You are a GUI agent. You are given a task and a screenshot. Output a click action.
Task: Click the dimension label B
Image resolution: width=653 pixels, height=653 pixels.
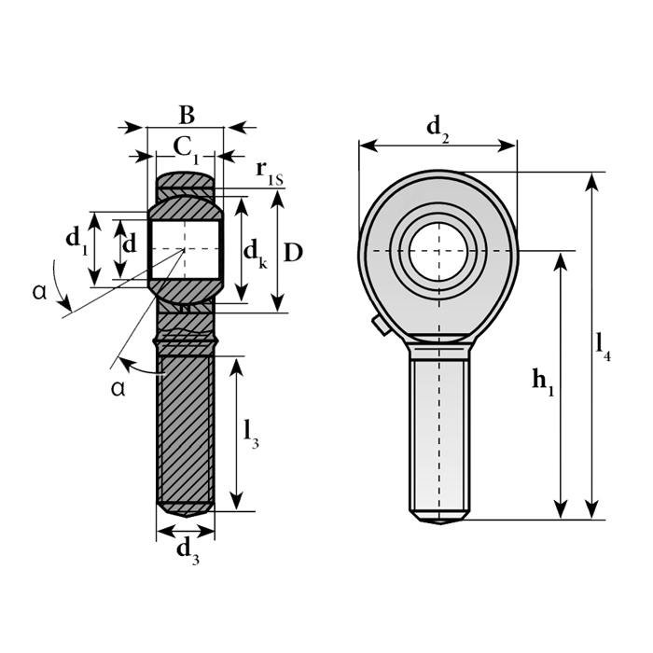point(187,115)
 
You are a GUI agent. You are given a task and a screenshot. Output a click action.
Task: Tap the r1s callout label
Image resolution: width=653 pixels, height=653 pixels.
point(269,172)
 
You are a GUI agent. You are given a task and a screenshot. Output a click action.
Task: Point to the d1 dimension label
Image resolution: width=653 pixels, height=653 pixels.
point(77,242)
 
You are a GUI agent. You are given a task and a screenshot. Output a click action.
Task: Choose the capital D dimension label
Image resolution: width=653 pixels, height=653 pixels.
point(293,253)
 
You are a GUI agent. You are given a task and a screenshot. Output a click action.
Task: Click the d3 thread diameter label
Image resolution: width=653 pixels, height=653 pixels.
point(188,552)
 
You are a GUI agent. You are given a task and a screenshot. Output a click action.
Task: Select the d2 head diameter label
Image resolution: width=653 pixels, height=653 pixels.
point(438,129)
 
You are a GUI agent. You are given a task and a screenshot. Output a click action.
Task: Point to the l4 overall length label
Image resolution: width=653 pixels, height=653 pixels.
point(604,346)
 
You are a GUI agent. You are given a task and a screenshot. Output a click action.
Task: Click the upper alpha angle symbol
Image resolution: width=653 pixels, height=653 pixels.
point(39,292)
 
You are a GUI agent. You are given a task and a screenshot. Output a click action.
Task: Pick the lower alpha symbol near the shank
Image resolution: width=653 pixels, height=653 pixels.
point(118,389)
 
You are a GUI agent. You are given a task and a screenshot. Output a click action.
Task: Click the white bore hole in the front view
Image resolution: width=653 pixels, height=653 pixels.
point(439,251)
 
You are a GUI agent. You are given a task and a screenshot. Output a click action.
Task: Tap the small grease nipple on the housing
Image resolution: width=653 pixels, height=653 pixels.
point(381,326)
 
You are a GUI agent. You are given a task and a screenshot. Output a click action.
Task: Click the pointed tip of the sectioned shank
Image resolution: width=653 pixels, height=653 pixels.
point(186,517)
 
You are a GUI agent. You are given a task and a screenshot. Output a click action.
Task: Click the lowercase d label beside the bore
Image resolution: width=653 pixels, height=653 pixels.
point(130,243)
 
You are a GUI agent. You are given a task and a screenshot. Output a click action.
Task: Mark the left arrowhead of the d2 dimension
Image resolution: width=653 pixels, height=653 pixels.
point(368,146)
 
